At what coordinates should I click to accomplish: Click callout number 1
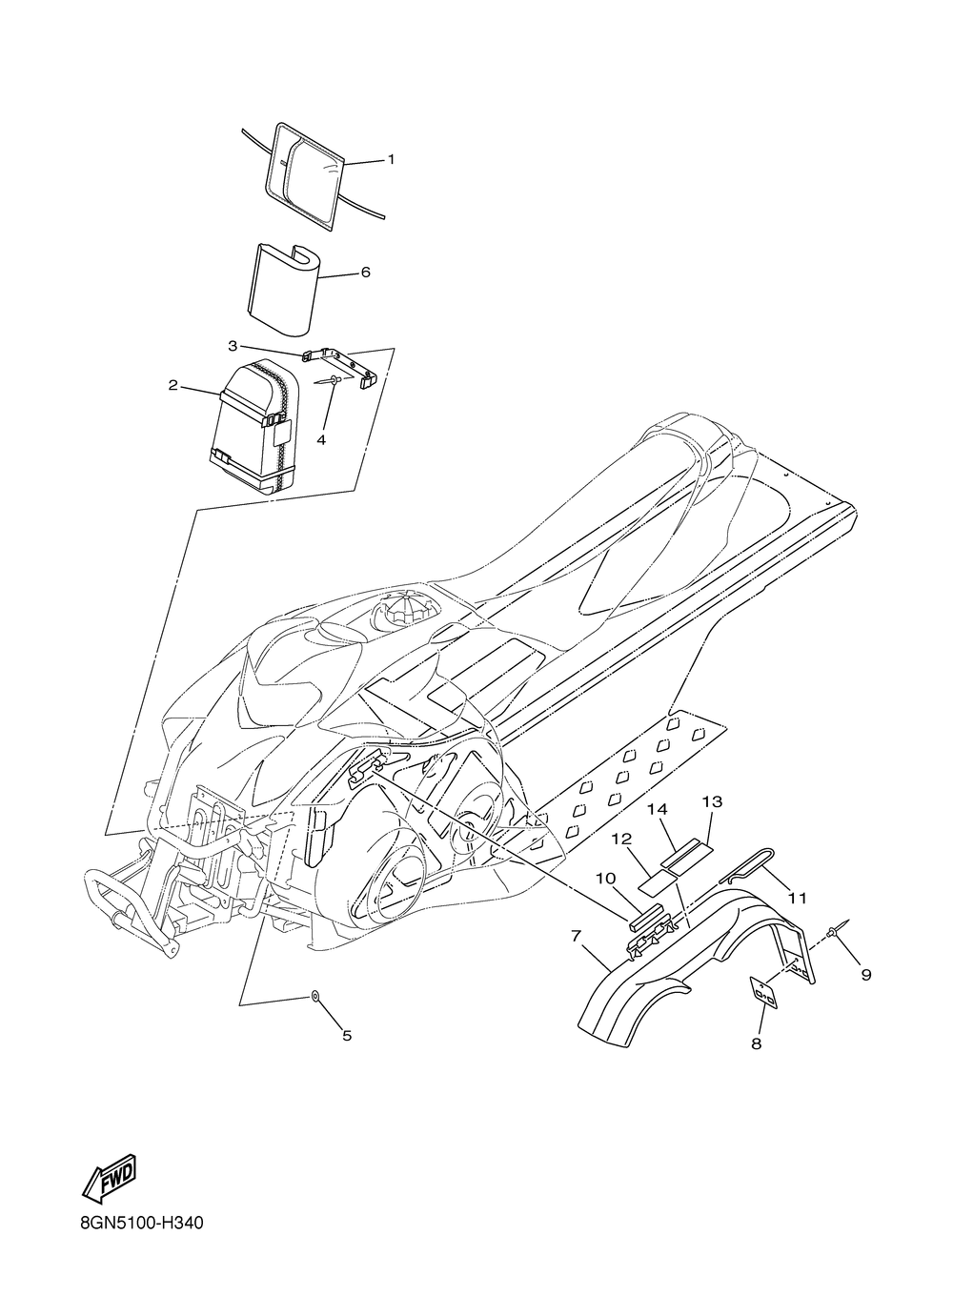coord(363,160)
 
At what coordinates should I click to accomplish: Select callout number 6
coord(364,272)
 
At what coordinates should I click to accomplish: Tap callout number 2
coord(172,385)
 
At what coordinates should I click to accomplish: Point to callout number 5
coord(347,1035)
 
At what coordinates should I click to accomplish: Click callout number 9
coord(865,974)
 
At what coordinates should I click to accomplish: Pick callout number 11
coord(798,897)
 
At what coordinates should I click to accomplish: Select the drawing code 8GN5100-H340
coord(137,1247)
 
